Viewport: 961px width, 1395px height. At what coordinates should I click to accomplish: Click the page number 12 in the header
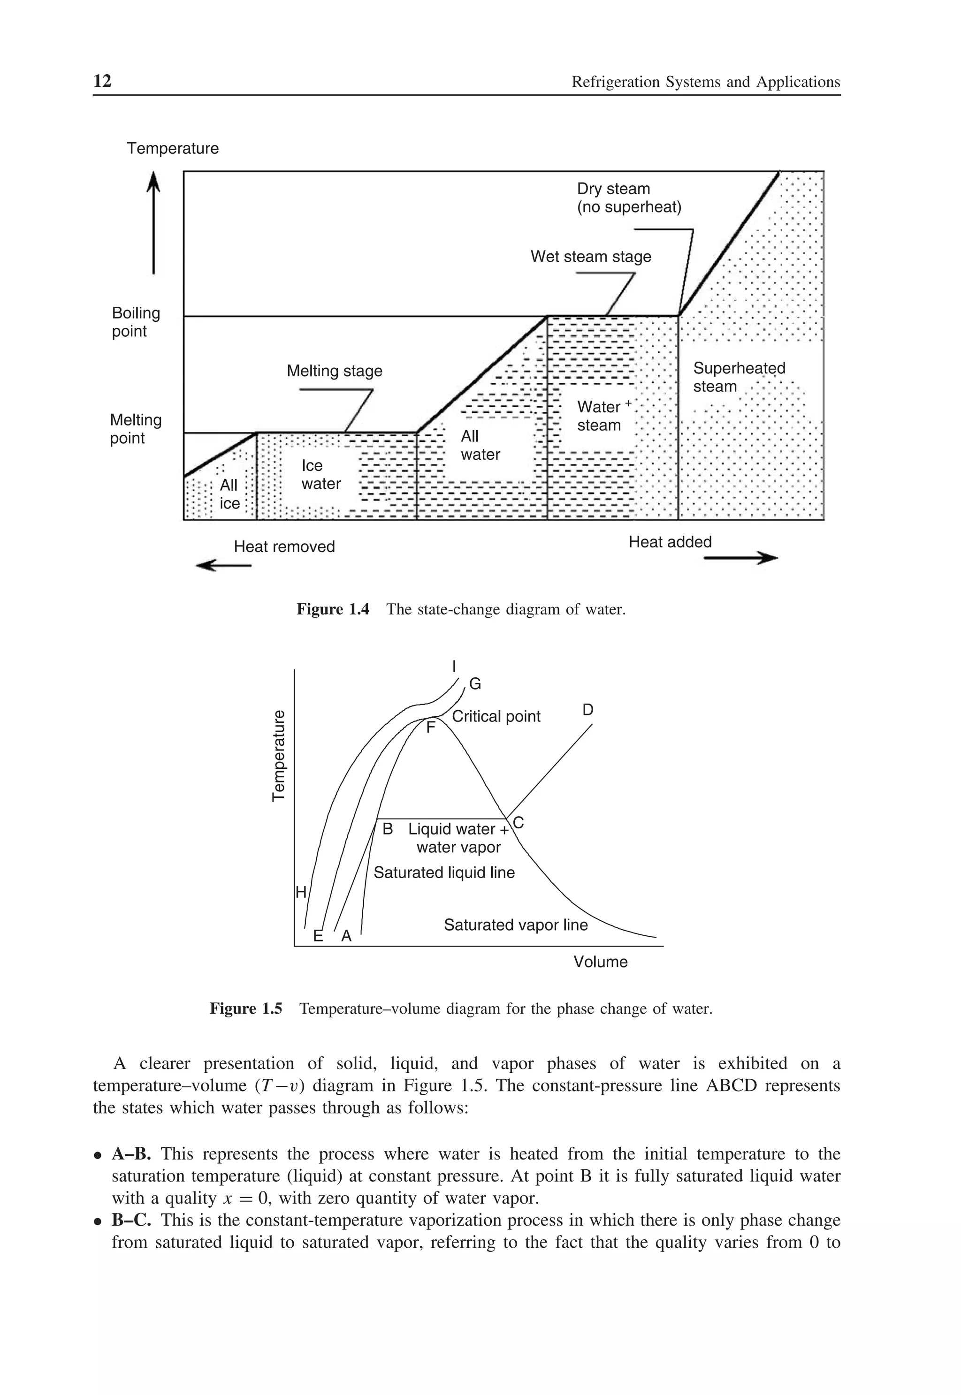pyautogui.click(x=102, y=81)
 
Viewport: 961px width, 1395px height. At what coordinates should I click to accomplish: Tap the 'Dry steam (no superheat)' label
pyautogui.click(x=629, y=198)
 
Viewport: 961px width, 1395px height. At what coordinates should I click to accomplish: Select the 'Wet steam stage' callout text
pyautogui.click(x=590, y=257)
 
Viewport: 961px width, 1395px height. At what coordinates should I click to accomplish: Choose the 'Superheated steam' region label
pyautogui.click(x=739, y=377)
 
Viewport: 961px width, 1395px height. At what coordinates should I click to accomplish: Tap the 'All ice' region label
pyautogui.click(x=229, y=494)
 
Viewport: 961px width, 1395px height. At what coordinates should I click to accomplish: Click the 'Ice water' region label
pyautogui.click(x=320, y=475)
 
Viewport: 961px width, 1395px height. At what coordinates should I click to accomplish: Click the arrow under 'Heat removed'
pyautogui.click(x=223, y=565)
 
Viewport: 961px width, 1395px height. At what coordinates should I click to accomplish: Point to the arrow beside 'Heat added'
pyautogui.click(x=740, y=559)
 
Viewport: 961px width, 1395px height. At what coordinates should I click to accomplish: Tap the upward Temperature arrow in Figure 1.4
pyautogui.click(x=153, y=223)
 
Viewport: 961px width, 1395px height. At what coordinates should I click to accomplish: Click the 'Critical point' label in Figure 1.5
pyautogui.click(x=496, y=716)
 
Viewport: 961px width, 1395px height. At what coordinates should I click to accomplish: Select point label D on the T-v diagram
pyautogui.click(x=587, y=710)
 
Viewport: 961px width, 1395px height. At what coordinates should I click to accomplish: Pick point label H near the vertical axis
pyautogui.click(x=300, y=892)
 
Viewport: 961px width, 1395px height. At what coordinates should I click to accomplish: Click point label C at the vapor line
pyautogui.click(x=519, y=822)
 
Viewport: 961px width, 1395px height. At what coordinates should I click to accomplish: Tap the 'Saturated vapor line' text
pyautogui.click(x=515, y=925)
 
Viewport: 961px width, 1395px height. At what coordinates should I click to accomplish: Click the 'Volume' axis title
pyautogui.click(x=600, y=962)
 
